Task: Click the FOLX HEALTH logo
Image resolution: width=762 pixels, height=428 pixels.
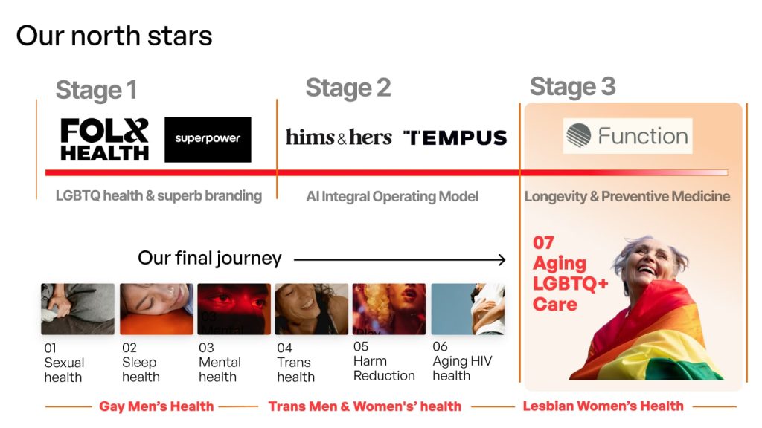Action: [104, 139]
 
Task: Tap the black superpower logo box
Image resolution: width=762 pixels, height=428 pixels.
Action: [208, 139]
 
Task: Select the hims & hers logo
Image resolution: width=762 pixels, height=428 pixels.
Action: [339, 137]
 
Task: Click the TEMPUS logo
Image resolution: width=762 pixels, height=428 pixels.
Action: [455, 137]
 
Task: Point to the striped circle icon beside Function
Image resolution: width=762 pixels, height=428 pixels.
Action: [579, 135]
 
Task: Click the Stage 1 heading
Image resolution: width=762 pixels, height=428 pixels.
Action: [96, 90]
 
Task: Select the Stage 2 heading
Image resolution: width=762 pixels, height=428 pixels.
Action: [348, 88]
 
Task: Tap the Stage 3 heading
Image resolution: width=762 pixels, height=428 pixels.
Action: [572, 87]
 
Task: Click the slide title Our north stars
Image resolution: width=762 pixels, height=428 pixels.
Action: [114, 36]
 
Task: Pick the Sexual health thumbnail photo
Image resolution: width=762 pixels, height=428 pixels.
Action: [77, 309]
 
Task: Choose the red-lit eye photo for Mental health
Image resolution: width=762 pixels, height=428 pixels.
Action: [234, 309]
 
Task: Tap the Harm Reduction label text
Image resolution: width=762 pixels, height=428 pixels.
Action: [384, 369]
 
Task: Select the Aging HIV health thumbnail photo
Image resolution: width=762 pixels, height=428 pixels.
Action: [468, 309]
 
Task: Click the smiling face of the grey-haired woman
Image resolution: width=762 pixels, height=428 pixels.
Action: [649, 259]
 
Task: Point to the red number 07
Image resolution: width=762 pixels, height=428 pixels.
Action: [543, 243]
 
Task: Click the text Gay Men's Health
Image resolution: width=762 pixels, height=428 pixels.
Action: [156, 406]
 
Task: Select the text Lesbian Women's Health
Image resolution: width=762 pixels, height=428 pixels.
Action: [603, 406]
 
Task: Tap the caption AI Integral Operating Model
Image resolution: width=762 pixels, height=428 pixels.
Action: [392, 196]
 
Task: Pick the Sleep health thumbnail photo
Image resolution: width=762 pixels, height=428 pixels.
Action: [156, 309]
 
